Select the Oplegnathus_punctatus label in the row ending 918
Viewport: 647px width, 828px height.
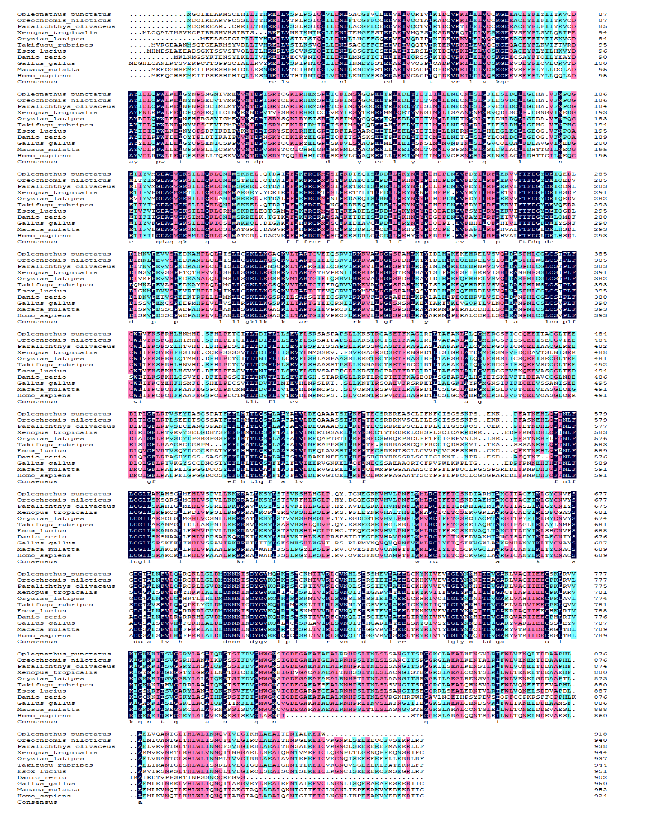(x=64, y=734)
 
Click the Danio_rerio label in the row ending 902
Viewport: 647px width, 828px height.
(x=42, y=777)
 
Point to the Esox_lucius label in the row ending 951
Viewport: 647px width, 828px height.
(x=42, y=771)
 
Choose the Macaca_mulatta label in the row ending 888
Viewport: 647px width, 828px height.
(x=48, y=709)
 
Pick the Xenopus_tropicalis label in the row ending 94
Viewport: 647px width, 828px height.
(x=57, y=33)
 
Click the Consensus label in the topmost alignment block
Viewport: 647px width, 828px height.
(x=37, y=82)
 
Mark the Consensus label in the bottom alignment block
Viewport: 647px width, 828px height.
(x=37, y=802)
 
